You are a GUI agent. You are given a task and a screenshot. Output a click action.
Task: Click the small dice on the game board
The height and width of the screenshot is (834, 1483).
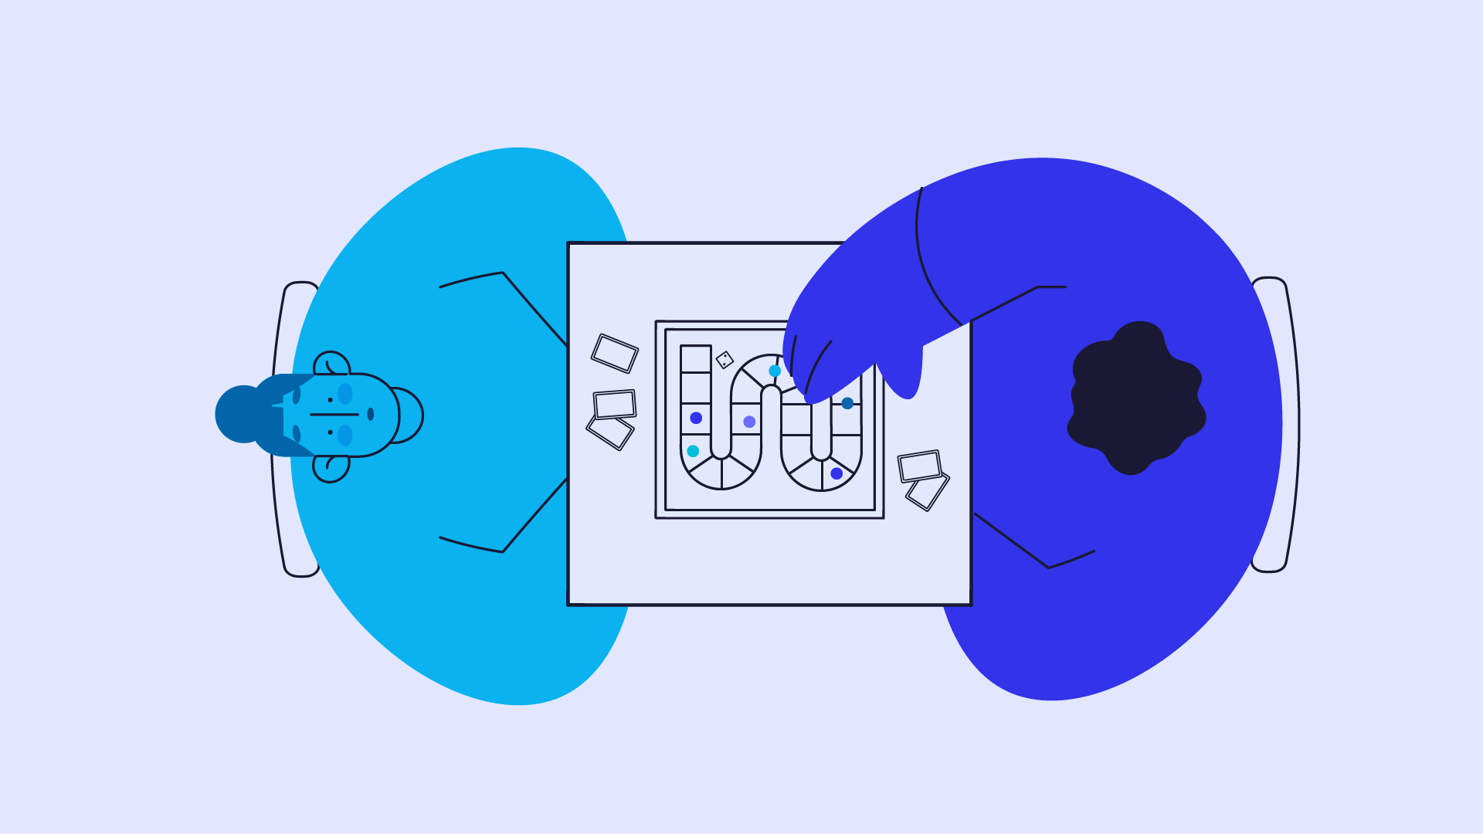coord(725,360)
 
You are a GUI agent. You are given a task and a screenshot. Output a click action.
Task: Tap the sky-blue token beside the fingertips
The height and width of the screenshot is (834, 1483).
coord(775,371)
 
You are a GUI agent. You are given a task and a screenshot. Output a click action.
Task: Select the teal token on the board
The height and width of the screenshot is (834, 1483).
coord(693,451)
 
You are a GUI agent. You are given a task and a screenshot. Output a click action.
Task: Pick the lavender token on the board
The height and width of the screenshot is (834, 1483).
coord(749,422)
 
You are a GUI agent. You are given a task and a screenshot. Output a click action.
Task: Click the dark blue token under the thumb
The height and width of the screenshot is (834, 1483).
coord(847,403)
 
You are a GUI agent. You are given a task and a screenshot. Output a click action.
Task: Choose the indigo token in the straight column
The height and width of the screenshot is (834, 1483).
coord(696,418)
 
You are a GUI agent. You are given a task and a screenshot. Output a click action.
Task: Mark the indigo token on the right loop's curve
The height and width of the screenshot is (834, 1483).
coord(837,473)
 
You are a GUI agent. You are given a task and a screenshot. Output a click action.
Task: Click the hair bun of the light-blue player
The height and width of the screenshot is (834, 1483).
coord(241,414)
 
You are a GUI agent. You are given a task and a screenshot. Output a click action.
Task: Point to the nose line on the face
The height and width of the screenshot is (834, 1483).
coord(334,415)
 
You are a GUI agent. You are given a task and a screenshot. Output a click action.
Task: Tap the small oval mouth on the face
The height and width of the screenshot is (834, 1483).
coord(371,415)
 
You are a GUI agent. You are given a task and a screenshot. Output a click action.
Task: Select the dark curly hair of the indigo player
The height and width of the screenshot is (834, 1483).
coord(1135,397)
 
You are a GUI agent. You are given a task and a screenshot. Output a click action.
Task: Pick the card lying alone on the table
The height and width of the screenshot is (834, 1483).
coord(615,353)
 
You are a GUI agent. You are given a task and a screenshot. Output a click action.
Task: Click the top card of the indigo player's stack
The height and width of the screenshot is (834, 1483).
coord(919,466)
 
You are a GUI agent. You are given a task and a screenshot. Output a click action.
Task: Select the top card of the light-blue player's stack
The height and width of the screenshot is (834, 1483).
coord(615,404)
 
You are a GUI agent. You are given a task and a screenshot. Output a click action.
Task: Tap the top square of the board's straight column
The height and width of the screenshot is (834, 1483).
coord(695,359)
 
